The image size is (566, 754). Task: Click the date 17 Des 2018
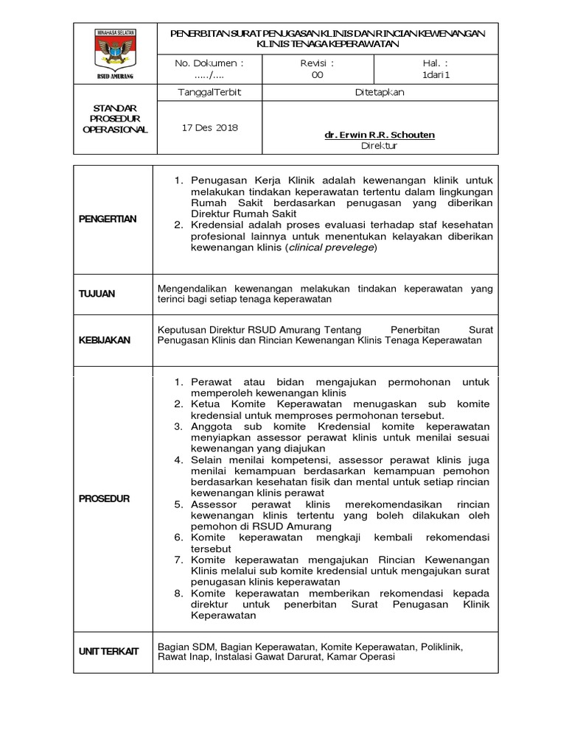209,127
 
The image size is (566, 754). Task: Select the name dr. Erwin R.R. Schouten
379,135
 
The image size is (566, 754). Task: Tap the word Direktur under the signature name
379,146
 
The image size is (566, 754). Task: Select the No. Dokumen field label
209,63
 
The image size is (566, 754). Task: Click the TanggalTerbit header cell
210,93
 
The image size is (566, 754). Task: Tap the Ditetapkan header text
379,93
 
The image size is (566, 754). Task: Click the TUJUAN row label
97,294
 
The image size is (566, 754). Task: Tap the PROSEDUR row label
105,498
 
